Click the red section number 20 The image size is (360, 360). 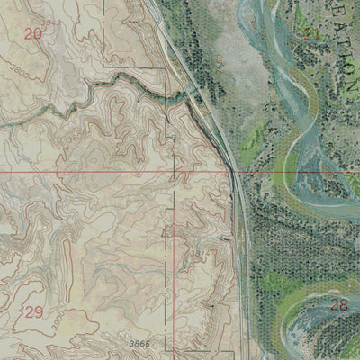(x=33, y=34)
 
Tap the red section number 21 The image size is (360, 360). (x=312, y=34)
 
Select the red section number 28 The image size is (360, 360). (x=338, y=305)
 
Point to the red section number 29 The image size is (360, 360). (x=33, y=312)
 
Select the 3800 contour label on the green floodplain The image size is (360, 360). (x=219, y=63)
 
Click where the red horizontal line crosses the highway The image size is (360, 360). (x=233, y=171)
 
